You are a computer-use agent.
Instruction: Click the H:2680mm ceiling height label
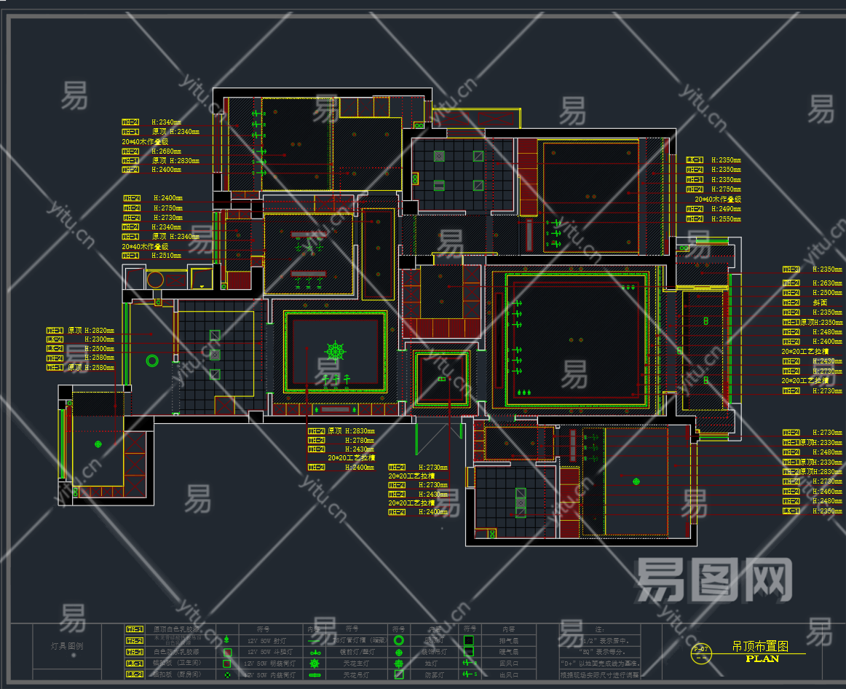pos(167,151)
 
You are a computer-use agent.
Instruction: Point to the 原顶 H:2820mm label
pos(90,330)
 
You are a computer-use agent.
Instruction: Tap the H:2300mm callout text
pos(99,339)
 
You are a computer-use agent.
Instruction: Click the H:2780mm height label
pos(360,440)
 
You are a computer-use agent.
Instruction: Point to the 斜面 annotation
pos(820,302)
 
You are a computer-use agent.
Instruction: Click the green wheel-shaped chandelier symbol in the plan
pos(335,351)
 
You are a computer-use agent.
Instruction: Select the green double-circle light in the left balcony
pos(152,360)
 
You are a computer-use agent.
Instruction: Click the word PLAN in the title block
pos(762,658)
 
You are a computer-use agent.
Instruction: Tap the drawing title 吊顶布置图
pos(759,646)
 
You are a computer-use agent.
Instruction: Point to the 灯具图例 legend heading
pos(66,646)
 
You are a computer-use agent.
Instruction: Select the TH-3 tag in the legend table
pos(135,652)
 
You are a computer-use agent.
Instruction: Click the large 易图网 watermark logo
pos(713,580)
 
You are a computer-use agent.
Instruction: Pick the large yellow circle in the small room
pos(156,279)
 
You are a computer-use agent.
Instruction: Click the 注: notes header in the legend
pos(599,629)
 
